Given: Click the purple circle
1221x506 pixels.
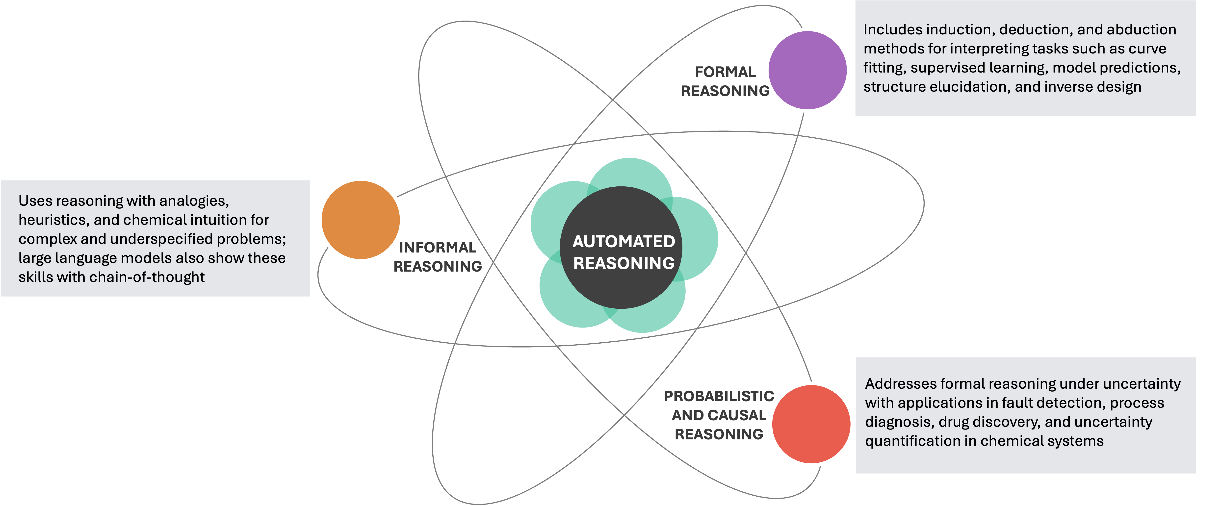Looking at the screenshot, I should pos(808,70).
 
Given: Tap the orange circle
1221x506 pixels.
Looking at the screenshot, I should pos(361,219).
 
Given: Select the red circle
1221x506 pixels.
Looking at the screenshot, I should pos(811,424).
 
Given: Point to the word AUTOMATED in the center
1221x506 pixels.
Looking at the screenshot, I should pos(623,242).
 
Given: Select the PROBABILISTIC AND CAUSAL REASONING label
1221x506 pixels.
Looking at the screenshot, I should pos(719,415).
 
